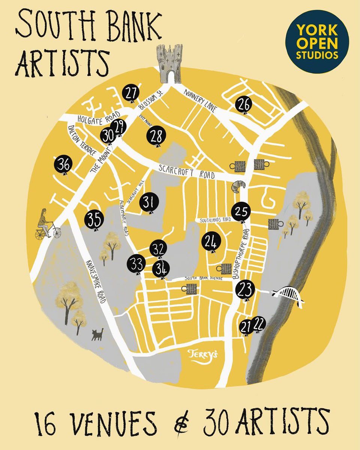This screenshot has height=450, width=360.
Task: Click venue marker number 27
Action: pyautogui.click(x=130, y=93)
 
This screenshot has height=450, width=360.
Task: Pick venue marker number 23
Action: pyautogui.click(x=245, y=289)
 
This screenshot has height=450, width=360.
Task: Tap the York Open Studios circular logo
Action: pyautogui.click(x=317, y=42)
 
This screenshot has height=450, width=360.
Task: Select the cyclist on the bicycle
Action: pyautogui.click(x=46, y=225)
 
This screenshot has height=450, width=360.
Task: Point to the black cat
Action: pyautogui.click(x=98, y=334)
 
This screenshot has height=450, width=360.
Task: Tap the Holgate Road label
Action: pyautogui.click(x=98, y=117)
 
